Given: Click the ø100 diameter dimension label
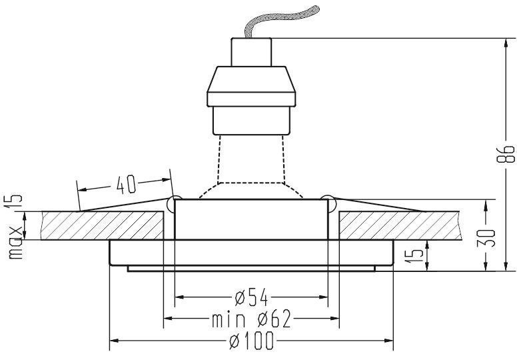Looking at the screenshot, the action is coord(251,341).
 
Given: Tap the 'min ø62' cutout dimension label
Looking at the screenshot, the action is coord(251,319).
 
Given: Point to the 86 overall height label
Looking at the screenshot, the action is coord(505,154).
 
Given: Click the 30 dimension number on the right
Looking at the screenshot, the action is coord(486,238).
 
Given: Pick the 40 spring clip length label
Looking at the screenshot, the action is coord(126,184).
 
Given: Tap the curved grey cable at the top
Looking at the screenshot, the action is coord(280,21).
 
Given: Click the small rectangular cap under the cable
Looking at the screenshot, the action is coord(251,52).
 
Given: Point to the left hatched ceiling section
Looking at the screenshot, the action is coord(102,225).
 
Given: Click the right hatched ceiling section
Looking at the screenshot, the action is coord(399,225).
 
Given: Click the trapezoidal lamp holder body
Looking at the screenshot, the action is coord(251,87).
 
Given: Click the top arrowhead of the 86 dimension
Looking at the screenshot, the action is coord(506,43).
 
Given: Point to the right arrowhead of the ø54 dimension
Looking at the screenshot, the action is coord(324,297).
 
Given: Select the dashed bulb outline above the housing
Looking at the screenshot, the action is coord(251,167).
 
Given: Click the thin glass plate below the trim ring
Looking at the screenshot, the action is coord(251,269).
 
